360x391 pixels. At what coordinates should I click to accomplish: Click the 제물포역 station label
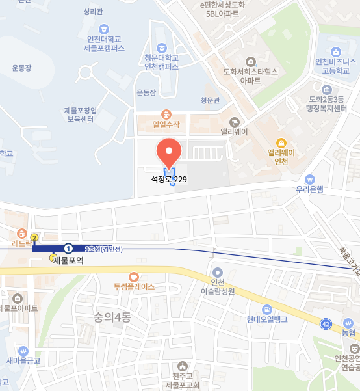pyautogui.click(x=68, y=260)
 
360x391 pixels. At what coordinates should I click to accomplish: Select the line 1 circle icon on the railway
pyautogui.click(x=68, y=248)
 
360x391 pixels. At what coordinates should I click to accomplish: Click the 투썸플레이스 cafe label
pyautogui.click(x=134, y=286)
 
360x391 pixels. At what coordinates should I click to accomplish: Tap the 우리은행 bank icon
pyautogui.click(x=309, y=179)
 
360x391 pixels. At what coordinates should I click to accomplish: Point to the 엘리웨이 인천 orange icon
pyautogui.click(x=281, y=142)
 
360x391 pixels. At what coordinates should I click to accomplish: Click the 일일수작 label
pyautogui.click(x=165, y=124)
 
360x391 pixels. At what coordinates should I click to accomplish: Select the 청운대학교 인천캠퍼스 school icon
pyautogui.click(x=161, y=47)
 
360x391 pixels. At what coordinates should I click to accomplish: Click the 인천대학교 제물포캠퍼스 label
pyautogui.click(x=104, y=44)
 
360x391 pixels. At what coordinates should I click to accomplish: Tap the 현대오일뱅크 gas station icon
pyautogui.click(x=266, y=308)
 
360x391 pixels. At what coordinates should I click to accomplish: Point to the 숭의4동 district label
pyautogui.click(x=112, y=317)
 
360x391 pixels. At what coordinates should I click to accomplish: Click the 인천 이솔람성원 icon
pyautogui.click(x=217, y=272)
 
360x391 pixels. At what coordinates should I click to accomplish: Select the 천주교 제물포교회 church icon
pyautogui.click(x=181, y=366)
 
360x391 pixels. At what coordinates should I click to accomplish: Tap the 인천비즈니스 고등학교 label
pyautogui.click(x=336, y=66)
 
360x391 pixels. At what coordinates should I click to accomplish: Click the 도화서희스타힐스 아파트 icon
pyautogui.click(x=250, y=59)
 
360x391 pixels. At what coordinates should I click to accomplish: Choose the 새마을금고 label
pyautogui.click(x=23, y=361)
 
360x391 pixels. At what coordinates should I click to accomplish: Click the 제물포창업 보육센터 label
pyautogui.click(x=81, y=115)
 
